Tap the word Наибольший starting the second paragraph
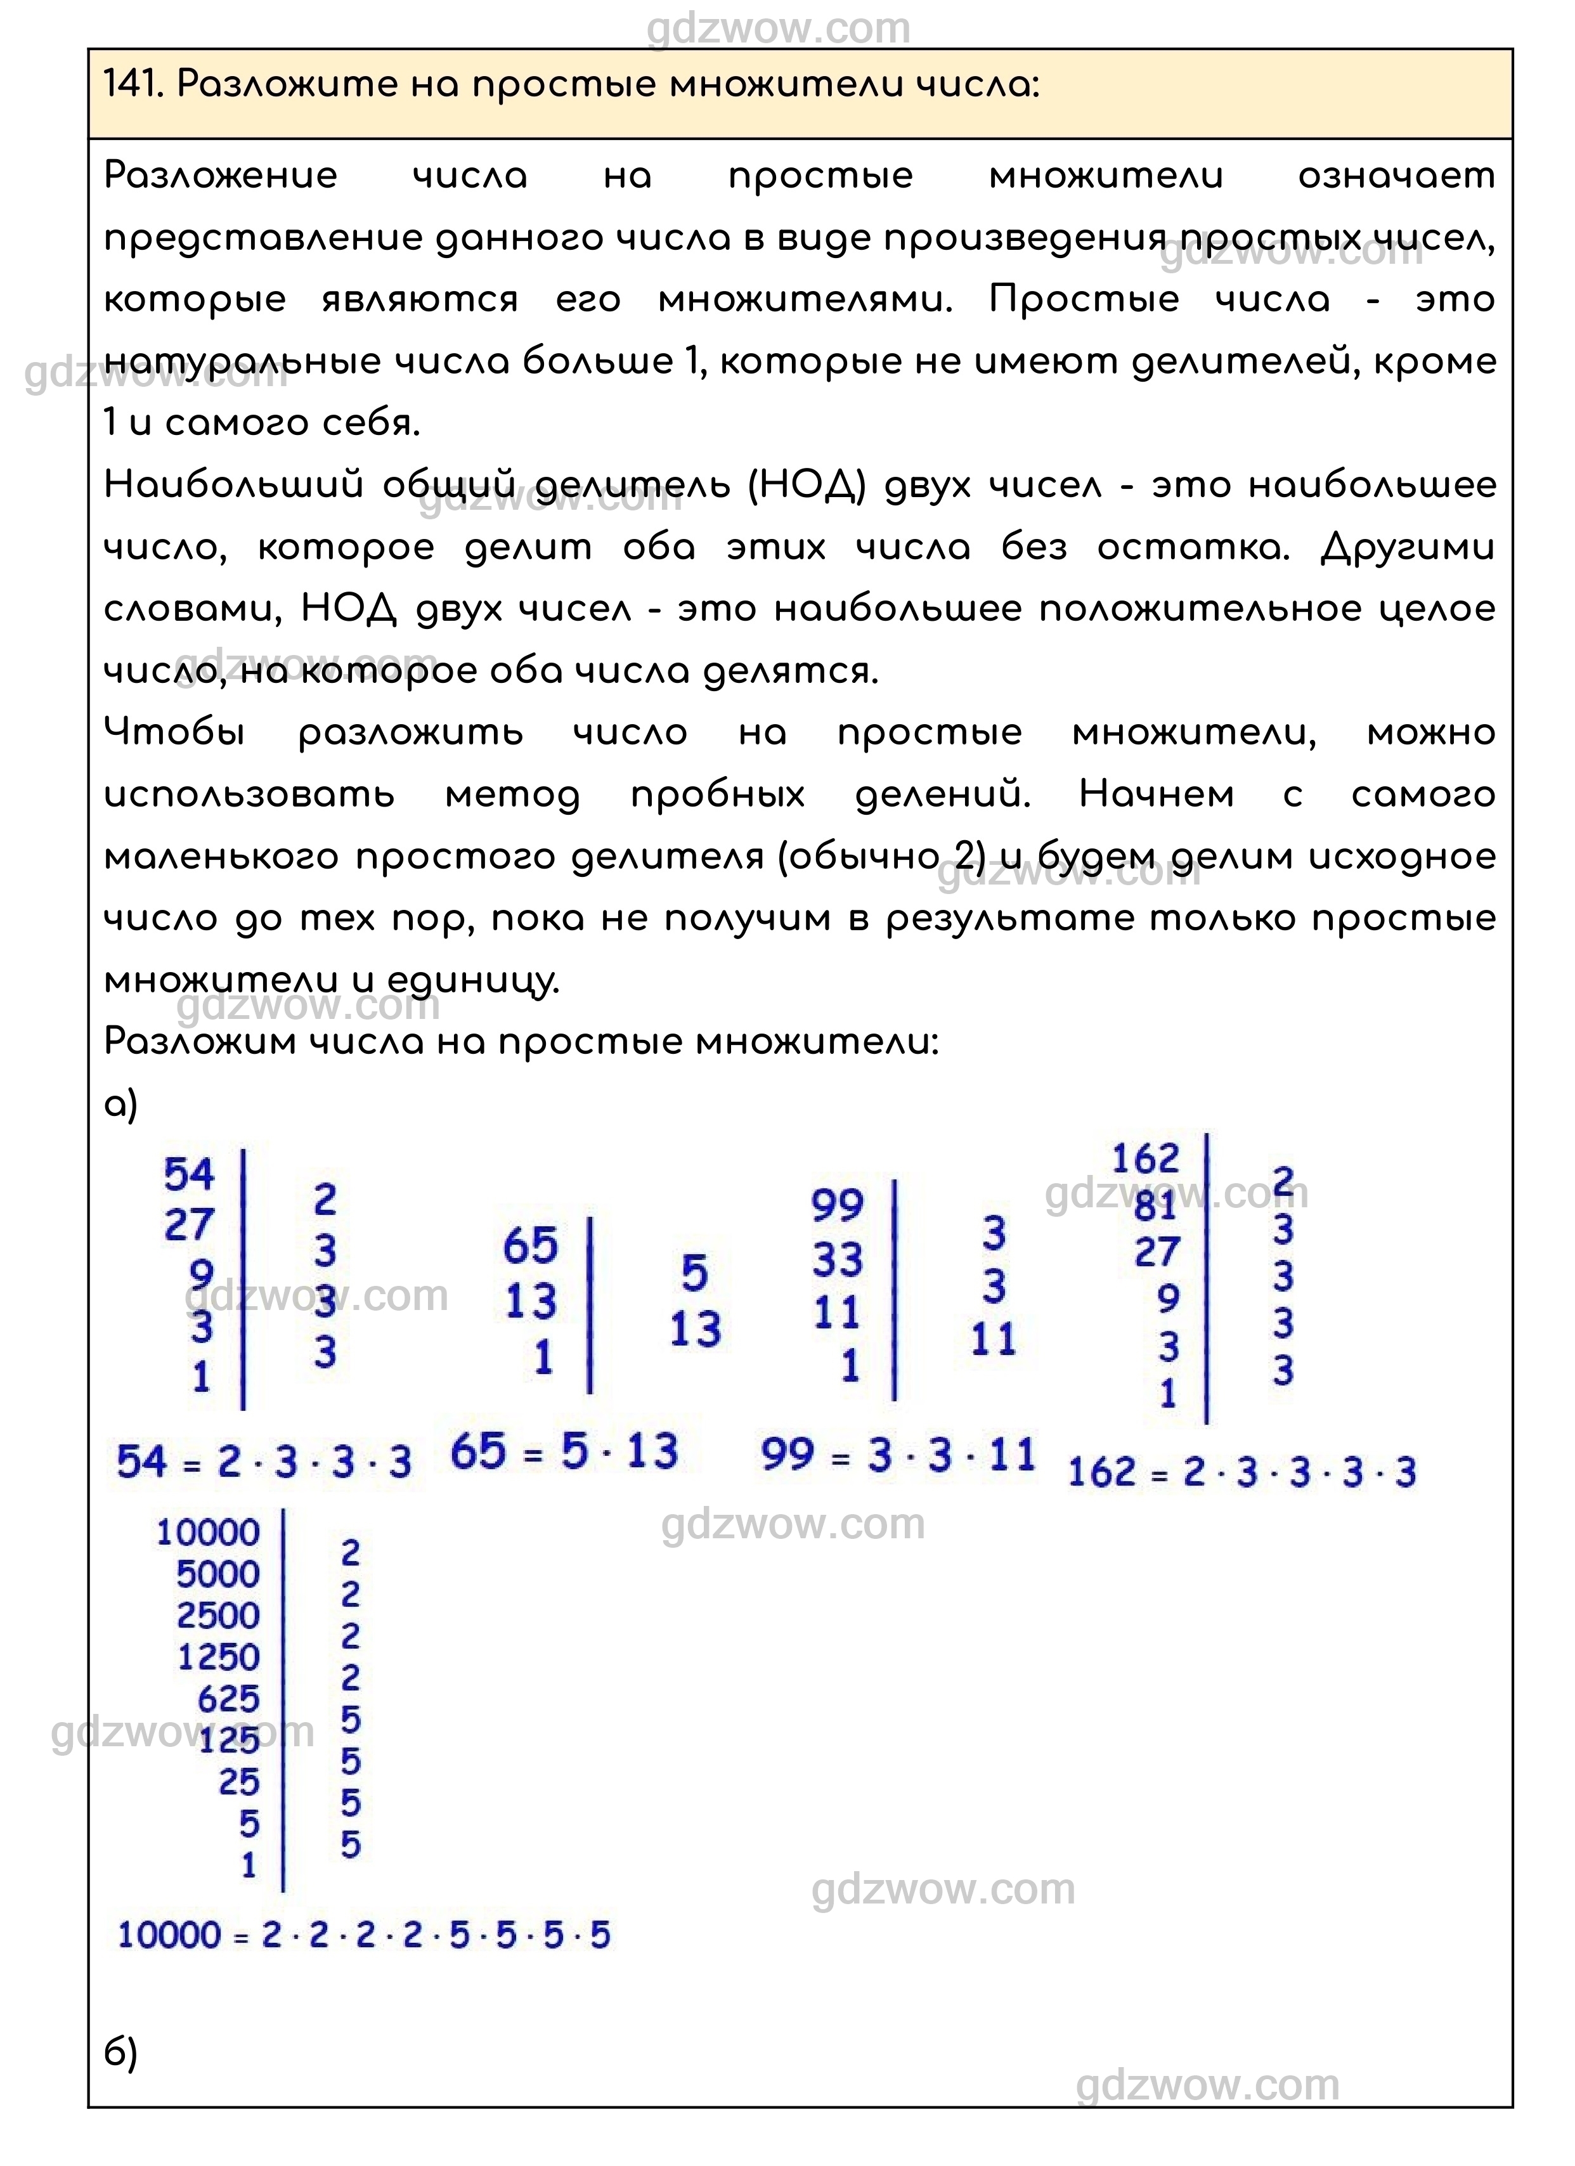[233, 485]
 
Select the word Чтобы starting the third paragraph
[174, 732]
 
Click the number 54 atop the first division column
[189, 1175]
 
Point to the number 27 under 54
[189, 1224]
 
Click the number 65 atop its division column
[530, 1247]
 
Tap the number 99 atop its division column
[838, 1205]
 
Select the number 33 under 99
[838, 1260]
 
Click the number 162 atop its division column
[1145, 1159]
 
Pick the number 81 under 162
[1156, 1206]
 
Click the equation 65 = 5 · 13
[564, 1453]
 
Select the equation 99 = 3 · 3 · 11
[898, 1455]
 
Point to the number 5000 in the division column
[217, 1574]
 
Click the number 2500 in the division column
[217, 1616]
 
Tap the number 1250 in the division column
[217, 1658]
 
